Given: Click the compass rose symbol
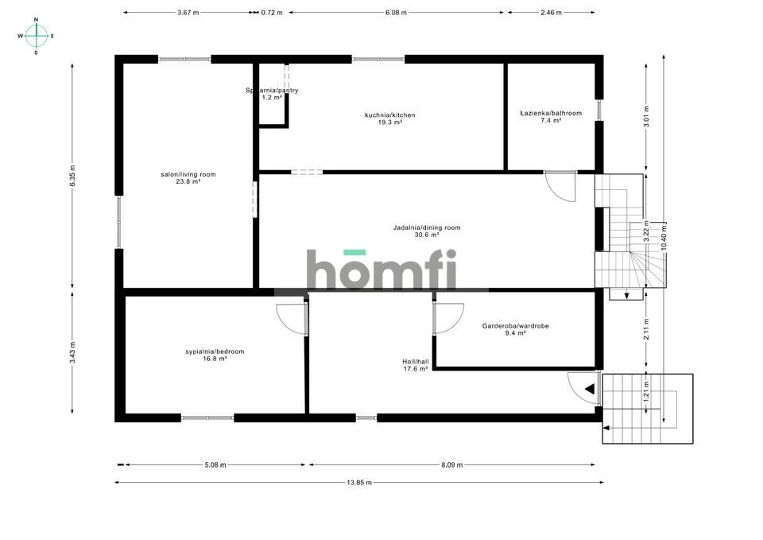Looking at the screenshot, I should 37,36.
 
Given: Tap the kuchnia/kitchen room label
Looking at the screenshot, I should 389,115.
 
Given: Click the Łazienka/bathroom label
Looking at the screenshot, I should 551,113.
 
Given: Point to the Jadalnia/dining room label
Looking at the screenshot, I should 427,228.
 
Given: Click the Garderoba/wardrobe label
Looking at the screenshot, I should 516,326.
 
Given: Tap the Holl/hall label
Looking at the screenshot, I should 416,361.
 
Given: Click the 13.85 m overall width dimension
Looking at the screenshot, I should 359,482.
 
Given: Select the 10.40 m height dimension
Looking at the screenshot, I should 664,236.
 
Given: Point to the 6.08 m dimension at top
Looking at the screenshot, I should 396,13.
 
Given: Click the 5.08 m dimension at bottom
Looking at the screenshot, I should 215,464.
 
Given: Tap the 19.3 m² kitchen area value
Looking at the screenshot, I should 389,122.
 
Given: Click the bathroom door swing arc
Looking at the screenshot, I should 563,188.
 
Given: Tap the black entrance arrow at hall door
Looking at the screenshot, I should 589,389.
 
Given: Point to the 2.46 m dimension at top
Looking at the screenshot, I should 550,13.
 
